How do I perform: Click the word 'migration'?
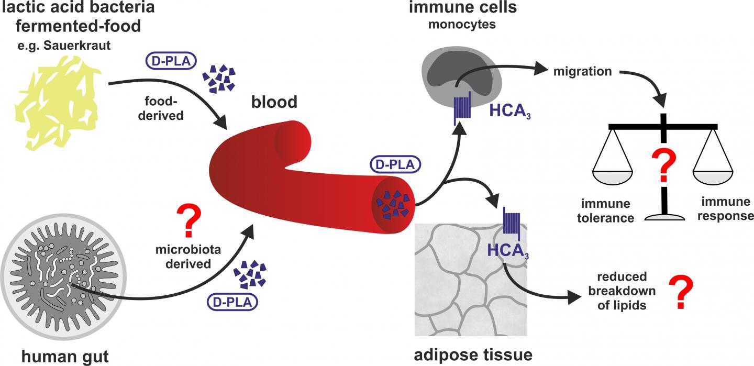tap(583, 71)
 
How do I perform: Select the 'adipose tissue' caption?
tap(473, 354)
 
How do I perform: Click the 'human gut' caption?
tap(65, 357)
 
